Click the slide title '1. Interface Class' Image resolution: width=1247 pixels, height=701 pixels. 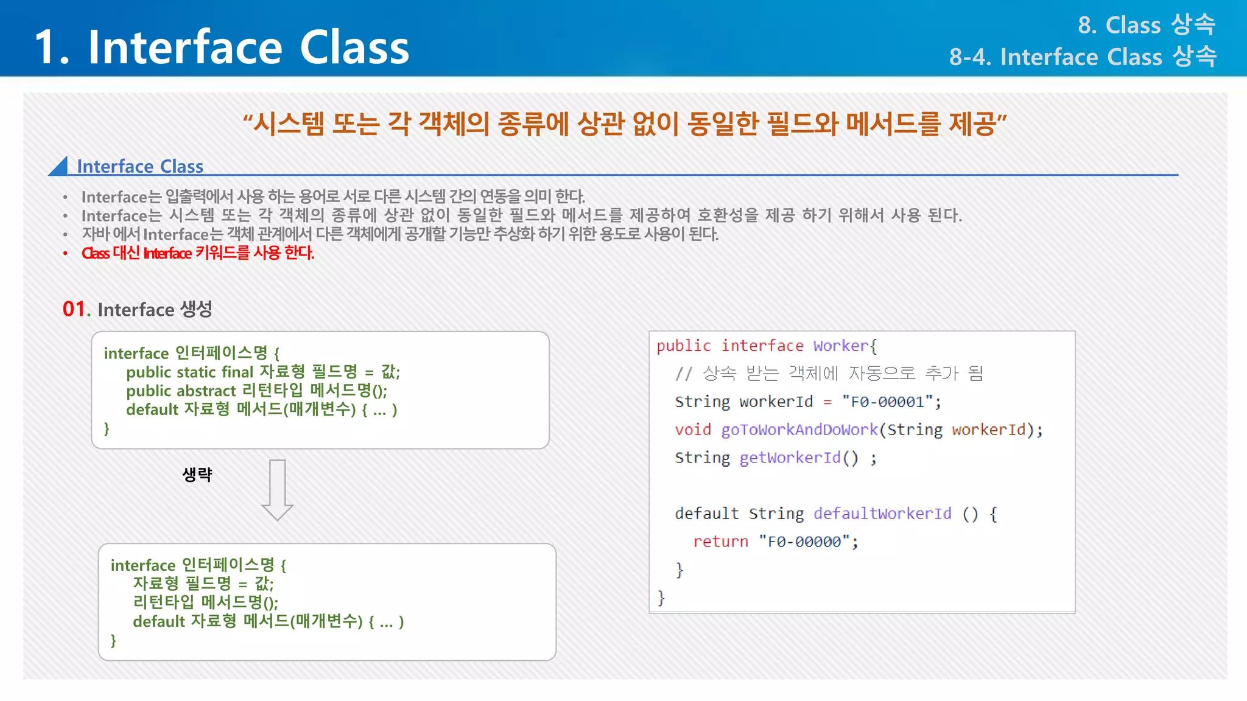[x=222, y=47]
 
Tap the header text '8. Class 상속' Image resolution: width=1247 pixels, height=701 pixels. [x=1146, y=25]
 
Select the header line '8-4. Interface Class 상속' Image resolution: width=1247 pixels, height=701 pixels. [x=1082, y=57]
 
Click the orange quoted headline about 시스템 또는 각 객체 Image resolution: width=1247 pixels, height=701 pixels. [x=624, y=124]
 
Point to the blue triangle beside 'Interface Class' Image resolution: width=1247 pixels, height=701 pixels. [x=60, y=167]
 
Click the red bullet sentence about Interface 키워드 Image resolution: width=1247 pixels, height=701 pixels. [x=198, y=253]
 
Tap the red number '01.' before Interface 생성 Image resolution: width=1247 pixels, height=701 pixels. [x=76, y=309]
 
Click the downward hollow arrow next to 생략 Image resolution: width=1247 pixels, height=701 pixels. [x=278, y=489]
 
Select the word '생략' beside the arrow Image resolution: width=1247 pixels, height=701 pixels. [x=197, y=475]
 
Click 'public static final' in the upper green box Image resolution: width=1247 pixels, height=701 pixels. [x=189, y=372]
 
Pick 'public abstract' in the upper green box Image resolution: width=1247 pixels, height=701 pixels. [x=180, y=391]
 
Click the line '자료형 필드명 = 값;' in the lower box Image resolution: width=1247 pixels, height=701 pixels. [x=203, y=584]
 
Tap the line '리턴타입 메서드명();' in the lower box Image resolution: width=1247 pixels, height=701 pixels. [x=205, y=602]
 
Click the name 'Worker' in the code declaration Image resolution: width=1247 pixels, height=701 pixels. [x=840, y=346]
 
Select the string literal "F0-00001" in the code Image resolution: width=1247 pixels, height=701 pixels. [x=888, y=402]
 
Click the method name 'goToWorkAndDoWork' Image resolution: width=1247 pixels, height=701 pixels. [x=799, y=430]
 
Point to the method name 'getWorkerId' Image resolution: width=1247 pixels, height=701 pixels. [x=789, y=458]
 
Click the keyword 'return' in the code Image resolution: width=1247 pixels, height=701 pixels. [x=720, y=542]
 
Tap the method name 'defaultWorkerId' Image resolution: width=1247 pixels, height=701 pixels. [x=882, y=514]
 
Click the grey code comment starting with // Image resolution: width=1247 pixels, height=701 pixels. [x=829, y=373]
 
